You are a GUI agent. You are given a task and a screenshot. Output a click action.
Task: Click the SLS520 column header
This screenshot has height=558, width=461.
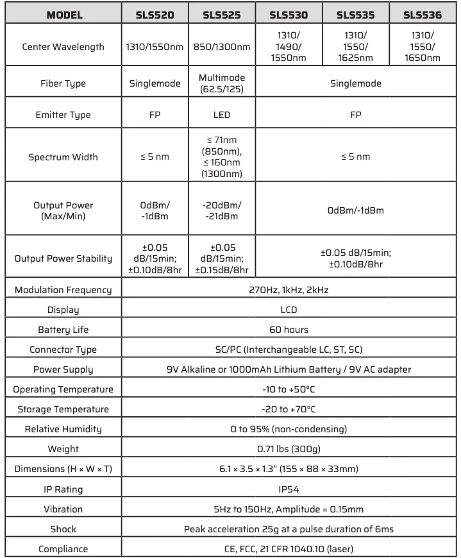pyautogui.click(x=155, y=15)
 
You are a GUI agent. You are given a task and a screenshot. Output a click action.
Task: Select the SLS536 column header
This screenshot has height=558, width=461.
pyautogui.click(x=422, y=15)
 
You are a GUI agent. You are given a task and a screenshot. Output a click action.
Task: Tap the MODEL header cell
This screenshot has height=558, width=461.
pyautogui.click(x=62, y=15)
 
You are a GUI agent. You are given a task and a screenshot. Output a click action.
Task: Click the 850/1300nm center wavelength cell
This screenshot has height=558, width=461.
pyautogui.click(x=222, y=47)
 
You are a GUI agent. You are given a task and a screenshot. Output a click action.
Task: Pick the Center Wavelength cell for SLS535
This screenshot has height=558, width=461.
pyautogui.click(x=355, y=47)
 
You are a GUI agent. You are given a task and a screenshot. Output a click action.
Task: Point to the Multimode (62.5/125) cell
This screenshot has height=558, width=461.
pyautogui.click(x=222, y=83)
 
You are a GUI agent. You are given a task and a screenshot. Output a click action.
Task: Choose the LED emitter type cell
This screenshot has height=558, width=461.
pyautogui.click(x=222, y=115)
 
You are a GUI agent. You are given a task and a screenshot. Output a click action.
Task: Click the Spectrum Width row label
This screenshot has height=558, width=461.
pyautogui.click(x=63, y=157)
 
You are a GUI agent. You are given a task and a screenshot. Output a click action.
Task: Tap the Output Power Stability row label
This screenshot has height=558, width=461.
pyautogui.click(x=63, y=258)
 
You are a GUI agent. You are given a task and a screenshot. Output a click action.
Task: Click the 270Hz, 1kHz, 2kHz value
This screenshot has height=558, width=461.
pyautogui.click(x=289, y=290)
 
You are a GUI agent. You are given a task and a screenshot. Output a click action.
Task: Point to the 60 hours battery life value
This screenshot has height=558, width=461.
pyautogui.click(x=289, y=330)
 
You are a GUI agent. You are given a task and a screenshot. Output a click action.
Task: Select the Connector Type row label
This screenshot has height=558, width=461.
pyautogui.click(x=63, y=350)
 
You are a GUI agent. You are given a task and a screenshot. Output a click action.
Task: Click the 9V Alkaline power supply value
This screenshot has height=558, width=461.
pyautogui.click(x=289, y=369)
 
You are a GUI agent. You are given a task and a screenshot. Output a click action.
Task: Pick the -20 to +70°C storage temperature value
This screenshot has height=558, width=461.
pyautogui.click(x=289, y=409)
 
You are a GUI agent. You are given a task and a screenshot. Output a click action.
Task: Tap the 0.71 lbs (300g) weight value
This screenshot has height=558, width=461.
pyautogui.click(x=289, y=449)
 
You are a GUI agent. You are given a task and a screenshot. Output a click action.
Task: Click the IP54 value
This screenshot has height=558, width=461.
pyautogui.click(x=289, y=489)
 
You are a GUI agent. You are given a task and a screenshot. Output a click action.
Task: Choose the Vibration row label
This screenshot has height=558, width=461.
pyautogui.click(x=63, y=509)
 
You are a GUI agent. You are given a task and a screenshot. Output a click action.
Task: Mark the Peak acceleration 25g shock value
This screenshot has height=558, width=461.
pyautogui.click(x=289, y=529)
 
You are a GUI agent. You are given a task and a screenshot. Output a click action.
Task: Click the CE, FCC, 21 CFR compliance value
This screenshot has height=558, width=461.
pyautogui.click(x=289, y=549)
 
